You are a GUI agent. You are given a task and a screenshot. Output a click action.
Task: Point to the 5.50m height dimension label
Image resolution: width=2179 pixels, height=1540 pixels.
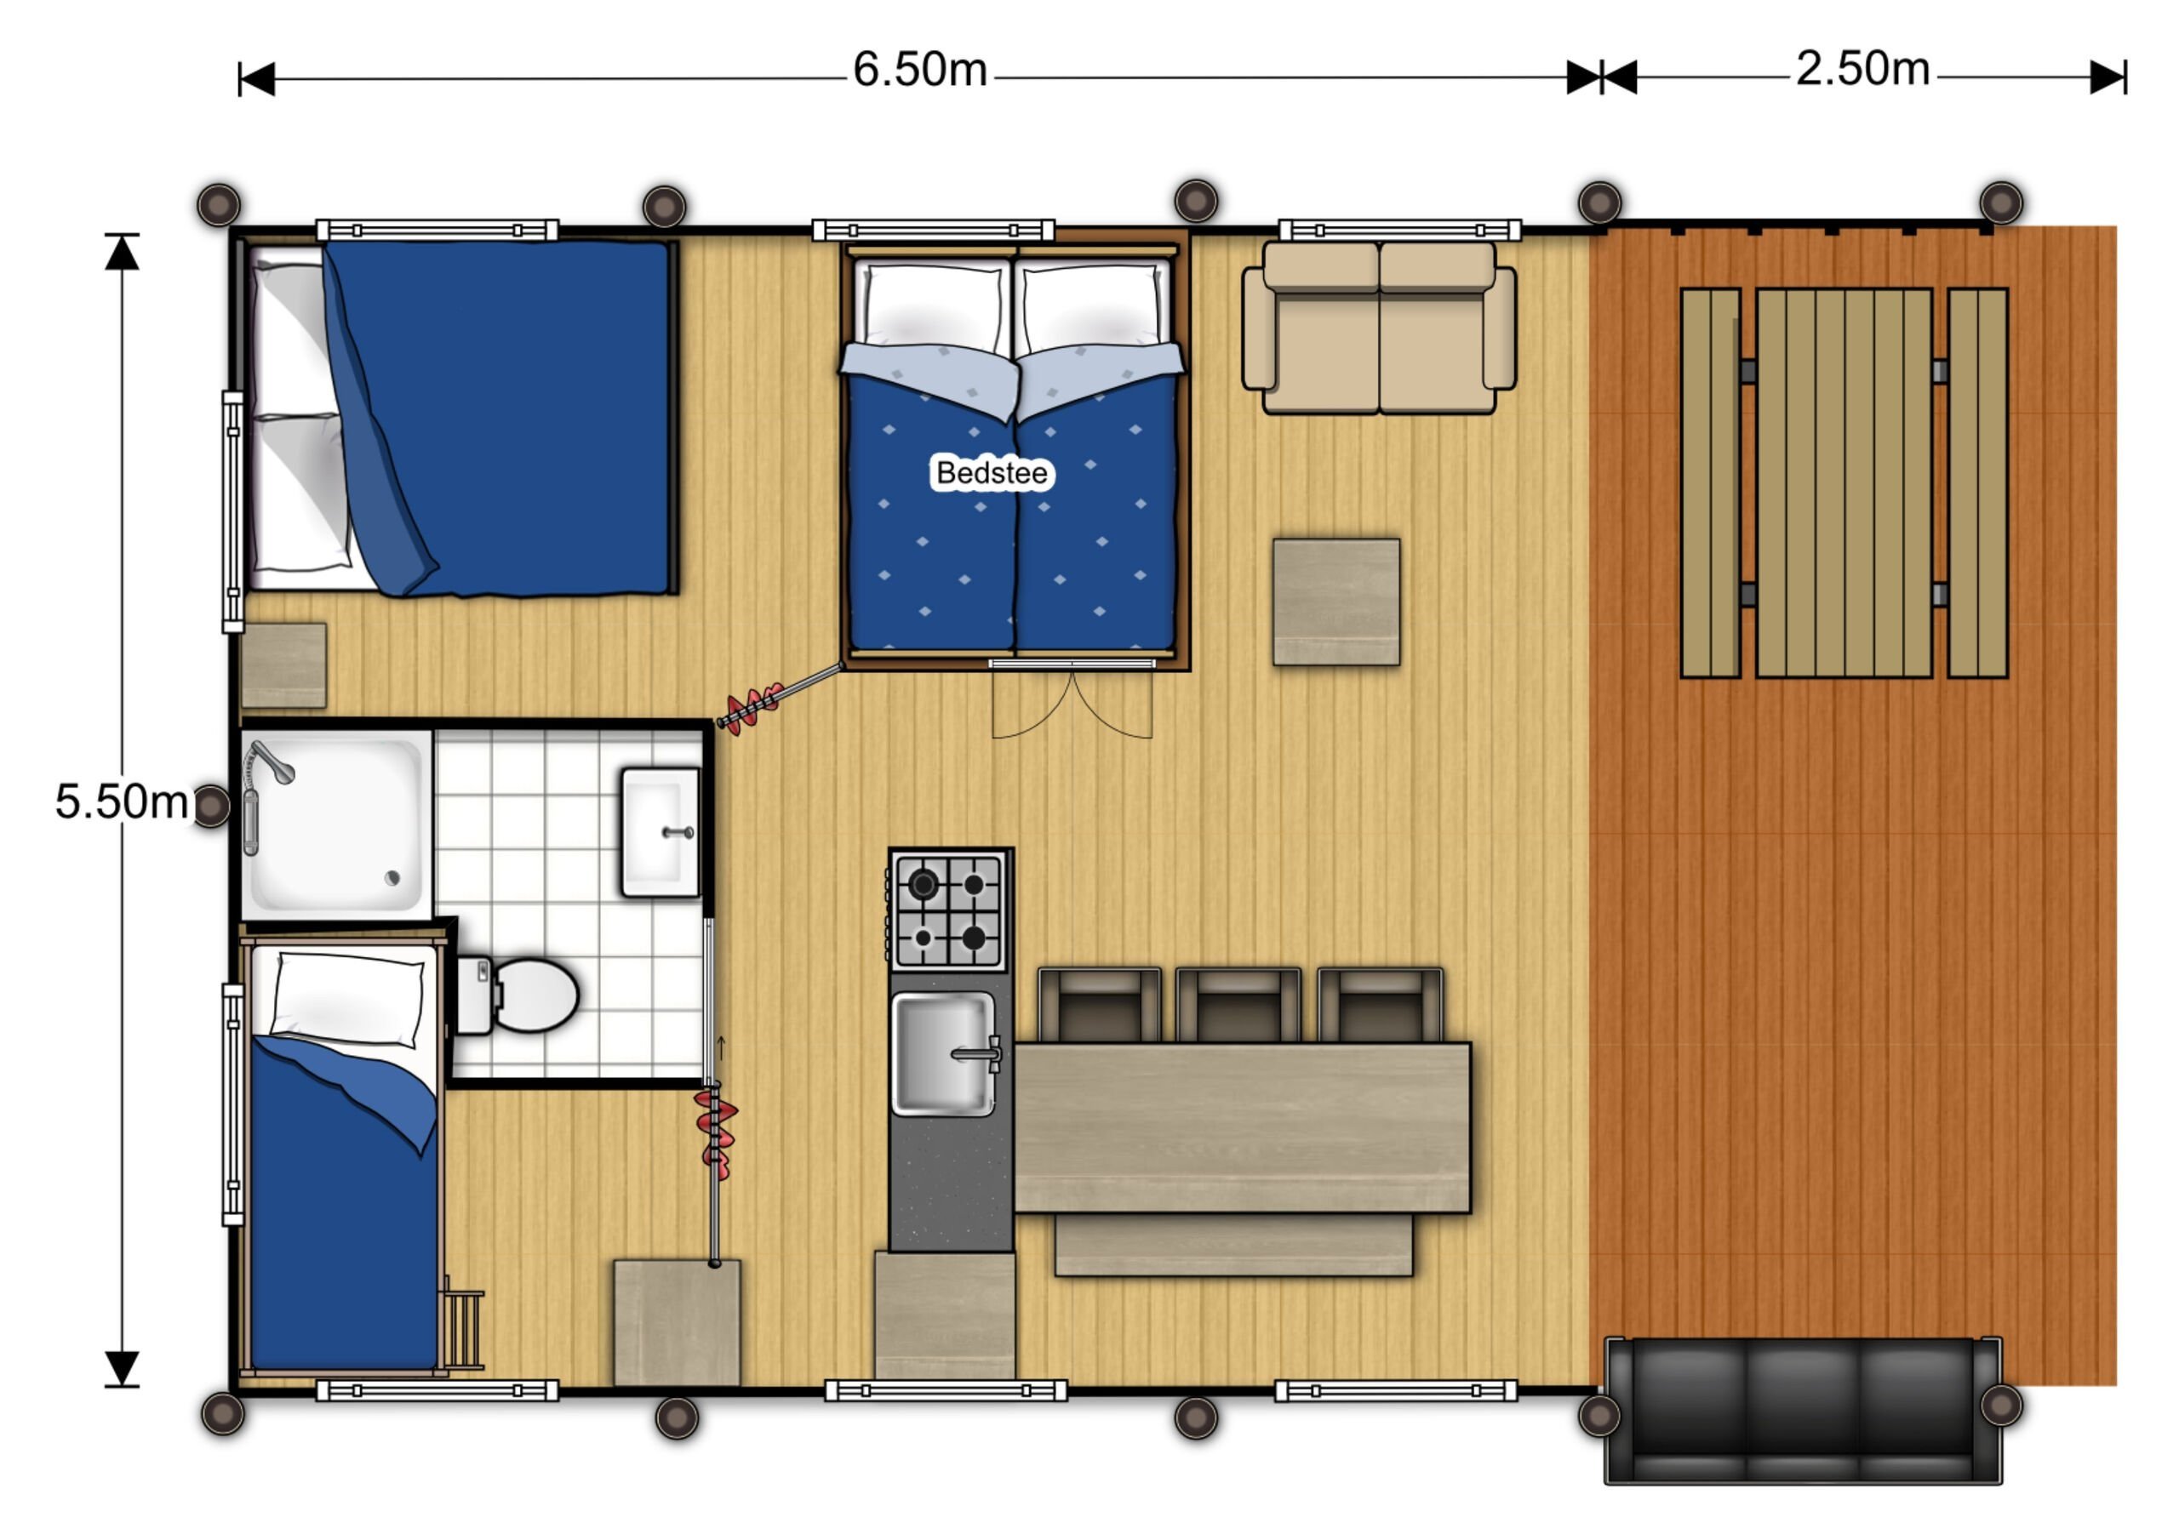(122, 801)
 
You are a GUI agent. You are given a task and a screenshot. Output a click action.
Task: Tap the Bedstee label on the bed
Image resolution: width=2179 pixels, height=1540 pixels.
(991, 472)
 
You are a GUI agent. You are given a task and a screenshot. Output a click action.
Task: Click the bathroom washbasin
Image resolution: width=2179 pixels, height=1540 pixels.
(660, 832)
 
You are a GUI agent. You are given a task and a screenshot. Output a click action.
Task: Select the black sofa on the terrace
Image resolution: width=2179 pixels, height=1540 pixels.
(1801, 1411)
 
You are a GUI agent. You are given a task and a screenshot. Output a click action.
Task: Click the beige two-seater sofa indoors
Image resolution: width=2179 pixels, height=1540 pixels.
(1378, 329)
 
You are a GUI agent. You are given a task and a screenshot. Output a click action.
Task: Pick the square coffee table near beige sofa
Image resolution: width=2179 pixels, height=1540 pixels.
(1335, 602)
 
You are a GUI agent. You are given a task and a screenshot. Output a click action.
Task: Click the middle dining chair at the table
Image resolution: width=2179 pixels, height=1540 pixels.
(1238, 1006)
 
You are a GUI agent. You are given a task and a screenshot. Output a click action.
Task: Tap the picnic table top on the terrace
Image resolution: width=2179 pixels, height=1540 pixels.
(1843, 482)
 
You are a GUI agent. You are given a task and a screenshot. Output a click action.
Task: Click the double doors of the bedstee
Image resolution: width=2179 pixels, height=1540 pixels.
(1072, 702)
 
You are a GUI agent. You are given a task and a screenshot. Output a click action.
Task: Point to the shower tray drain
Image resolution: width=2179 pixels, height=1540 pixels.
(392, 878)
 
